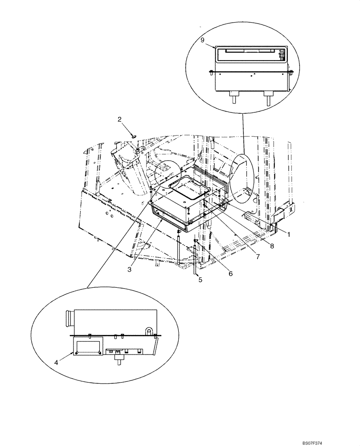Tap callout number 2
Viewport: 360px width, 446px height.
click(x=119, y=119)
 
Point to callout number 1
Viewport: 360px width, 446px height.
click(x=288, y=234)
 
